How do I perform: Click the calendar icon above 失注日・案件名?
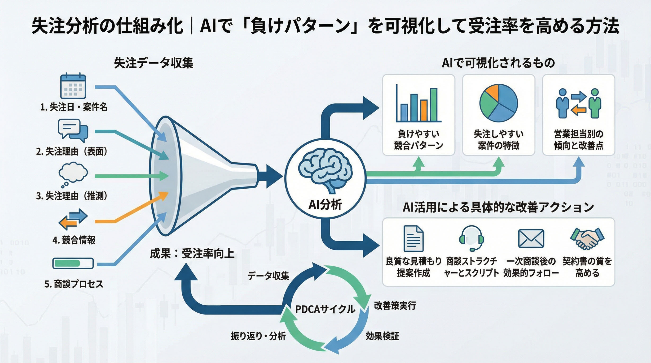(x=73, y=86)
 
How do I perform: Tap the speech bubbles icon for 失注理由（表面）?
(x=73, y=131)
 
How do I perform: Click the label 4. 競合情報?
(x=74, y=240)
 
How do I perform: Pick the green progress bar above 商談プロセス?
(x=67, y=263)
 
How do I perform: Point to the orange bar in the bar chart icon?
(x=424, y=111)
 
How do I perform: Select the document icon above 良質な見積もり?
(x=413, y=238)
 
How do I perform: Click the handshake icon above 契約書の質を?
(x=587, y=238)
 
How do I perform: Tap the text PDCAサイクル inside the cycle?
(x=325, y=309)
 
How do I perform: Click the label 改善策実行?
(x=395, y=305)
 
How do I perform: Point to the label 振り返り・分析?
(x=258, y=336)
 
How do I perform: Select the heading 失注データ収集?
(x=154, y=63)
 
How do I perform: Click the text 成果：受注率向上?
(x=192, y=253)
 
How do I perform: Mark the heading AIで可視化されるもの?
(x=498, y=63)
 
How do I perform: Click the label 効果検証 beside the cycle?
(x=382, y=336)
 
